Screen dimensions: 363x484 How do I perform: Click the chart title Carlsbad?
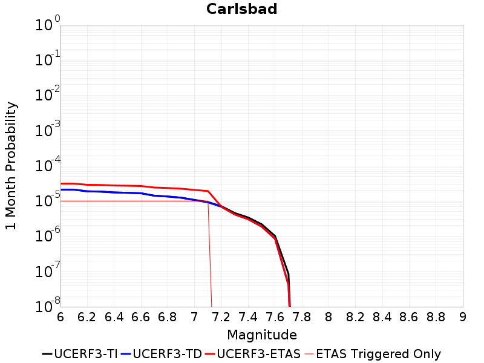[x=241, y=9]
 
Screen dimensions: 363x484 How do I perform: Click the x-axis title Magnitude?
[x=261, y=335]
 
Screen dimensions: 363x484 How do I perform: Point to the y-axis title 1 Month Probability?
[x=11, y=166]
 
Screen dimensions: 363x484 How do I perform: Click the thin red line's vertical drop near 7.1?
[x=210, y=254]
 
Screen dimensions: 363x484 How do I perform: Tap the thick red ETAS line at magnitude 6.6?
[x=141, y=186]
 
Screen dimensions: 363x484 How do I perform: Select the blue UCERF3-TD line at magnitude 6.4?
[x=114, y=192]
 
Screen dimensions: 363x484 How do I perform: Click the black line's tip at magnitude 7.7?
[x=289, y=274]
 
